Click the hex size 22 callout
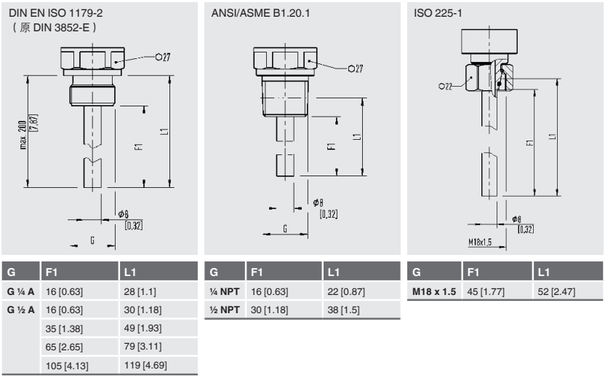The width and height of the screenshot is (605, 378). (x=444, y=86)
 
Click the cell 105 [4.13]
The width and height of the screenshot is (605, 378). (x=66, y=364)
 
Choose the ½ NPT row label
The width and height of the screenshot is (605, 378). (x=225, y=310)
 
